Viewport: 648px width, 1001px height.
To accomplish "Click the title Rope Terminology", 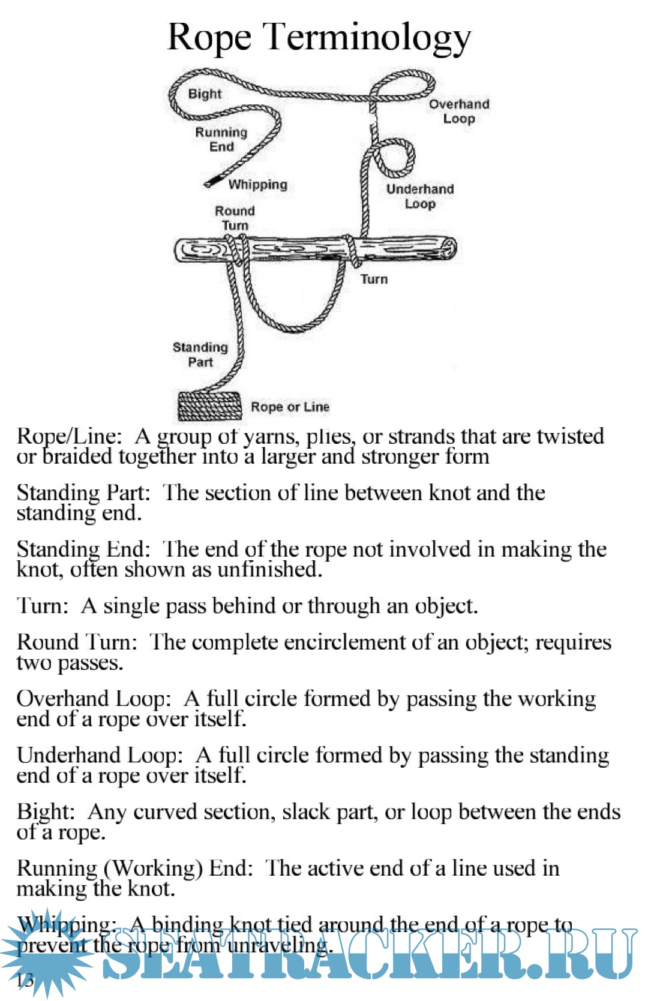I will coord(319,37).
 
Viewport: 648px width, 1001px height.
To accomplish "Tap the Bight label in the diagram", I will coord(205,94).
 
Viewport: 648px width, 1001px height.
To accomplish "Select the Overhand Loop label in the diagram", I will coord(459,111).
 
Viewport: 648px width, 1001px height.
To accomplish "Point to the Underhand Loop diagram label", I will coord(420,196).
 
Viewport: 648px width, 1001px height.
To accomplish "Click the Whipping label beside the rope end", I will coord(257,184).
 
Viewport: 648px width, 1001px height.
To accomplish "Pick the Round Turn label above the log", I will coord(235,218).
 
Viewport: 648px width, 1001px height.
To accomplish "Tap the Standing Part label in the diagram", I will coord(200,354).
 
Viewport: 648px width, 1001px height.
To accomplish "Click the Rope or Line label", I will coord(290,407).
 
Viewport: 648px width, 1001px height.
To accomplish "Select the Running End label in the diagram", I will coord(221,139).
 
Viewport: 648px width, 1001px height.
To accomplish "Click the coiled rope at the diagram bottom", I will coord(209,406).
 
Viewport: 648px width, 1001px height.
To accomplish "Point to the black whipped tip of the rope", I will coord(211,182).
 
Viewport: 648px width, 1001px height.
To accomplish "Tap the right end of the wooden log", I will coord(449,248).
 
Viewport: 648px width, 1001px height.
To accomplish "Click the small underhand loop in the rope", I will coord(394,157).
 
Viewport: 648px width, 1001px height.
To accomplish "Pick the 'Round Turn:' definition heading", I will coord(77,642).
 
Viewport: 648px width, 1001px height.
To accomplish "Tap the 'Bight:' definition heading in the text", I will coord(46,812).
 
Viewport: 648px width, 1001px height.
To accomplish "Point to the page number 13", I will coord(25,980).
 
